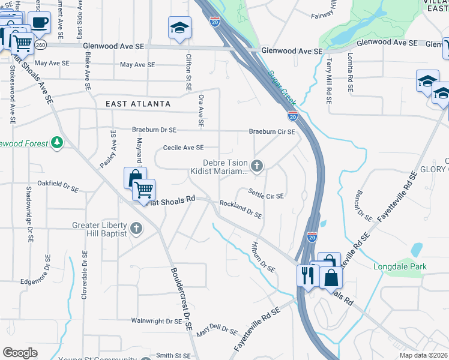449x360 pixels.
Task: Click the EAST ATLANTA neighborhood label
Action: click(138, 104)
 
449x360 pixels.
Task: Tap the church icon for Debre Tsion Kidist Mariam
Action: click(257, 166)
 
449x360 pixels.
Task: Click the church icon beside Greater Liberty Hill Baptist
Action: click(136, 228)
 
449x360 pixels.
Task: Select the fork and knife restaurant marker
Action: click(306, 276)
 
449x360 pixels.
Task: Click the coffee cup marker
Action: click(39, 23)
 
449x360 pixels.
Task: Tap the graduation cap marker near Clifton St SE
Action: click(178, 28)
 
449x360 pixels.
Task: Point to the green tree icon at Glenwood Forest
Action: click(56, 143)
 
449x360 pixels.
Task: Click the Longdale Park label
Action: click(400, 266)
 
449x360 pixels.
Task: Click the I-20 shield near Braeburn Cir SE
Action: click(292, 116)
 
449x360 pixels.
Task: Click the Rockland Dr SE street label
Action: click(241, 209)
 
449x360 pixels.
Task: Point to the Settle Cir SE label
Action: click(266, 193)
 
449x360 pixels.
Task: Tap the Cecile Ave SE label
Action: click(183, 147)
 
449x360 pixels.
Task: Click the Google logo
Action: click(20, 353)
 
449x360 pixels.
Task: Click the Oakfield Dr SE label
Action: click(58, 185)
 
